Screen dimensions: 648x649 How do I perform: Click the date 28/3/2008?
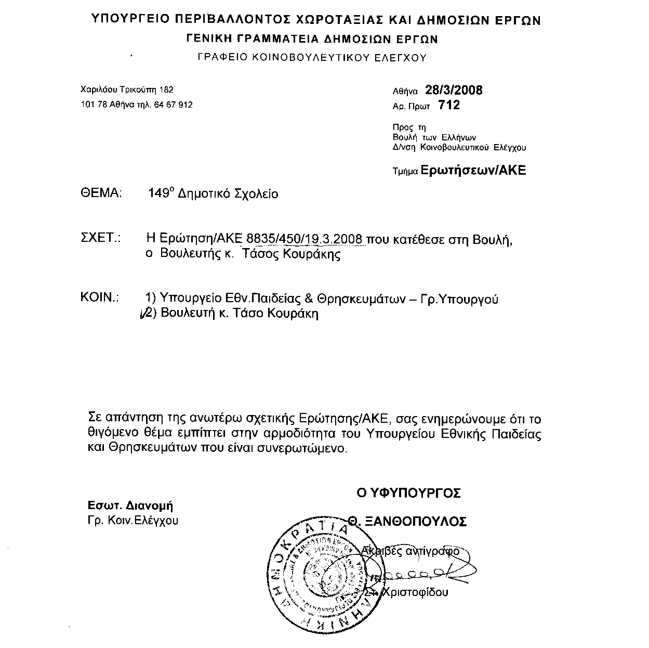click(454, 90)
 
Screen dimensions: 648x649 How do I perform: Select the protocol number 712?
click(449, 106)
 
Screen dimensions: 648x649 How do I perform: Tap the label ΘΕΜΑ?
click(101, 193)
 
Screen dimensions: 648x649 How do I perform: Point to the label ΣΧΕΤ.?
click(101, 239)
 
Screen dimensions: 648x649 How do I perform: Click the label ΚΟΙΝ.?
click(100, 298)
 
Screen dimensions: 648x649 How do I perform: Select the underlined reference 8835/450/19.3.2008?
click(305, 239)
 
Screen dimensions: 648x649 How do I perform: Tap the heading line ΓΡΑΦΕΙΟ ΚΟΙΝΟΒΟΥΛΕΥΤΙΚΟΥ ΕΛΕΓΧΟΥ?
click(312, 58)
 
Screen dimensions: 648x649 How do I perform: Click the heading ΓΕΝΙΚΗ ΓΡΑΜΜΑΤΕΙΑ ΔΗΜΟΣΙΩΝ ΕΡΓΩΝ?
click(312, 39)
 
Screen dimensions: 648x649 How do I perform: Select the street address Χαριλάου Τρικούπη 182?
click(127, 89)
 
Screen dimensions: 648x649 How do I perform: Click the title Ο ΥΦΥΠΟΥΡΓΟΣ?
click(408, 493)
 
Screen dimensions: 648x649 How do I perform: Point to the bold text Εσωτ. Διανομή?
click(130, 506)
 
